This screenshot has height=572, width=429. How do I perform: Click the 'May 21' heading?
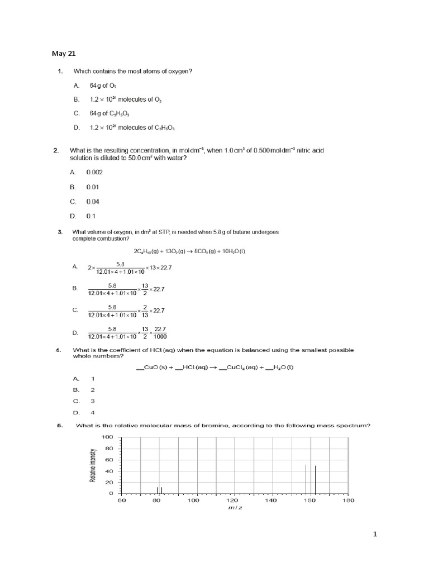(x=64, y=54)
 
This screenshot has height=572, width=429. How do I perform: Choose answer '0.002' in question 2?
(x=95, y=173)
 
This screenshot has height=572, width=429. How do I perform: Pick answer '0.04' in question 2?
(x=93, y=201)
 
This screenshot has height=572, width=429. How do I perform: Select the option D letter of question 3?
(x=75, y=333)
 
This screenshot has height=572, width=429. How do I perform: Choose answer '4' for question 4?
(x=93, y=412)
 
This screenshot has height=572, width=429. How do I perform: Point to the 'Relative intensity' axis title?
(x=93, y=465)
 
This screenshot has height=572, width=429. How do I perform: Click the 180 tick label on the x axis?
(x=348, y=500)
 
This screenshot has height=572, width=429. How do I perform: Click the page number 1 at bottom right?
(x=375, y=534)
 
